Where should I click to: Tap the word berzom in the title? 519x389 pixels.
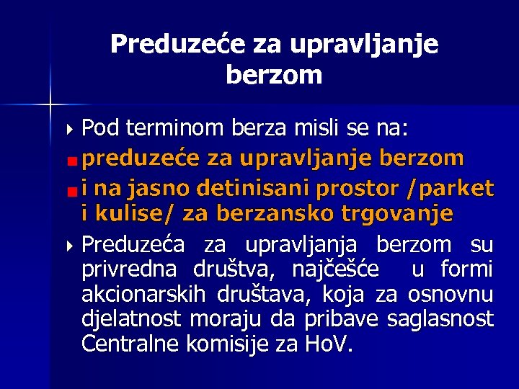tap(274, 75)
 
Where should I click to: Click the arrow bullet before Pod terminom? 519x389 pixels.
tap(69, 130)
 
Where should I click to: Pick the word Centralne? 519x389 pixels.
tap(130, 344)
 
